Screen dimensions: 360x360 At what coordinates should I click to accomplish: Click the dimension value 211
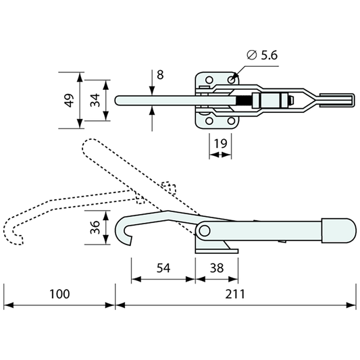[x=235, y=294]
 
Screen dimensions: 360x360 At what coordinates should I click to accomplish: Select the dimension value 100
[x=59, y=294]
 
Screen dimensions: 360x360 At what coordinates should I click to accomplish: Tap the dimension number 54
[x=163, y=268]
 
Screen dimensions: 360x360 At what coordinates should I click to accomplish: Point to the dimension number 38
[x=217, y=268]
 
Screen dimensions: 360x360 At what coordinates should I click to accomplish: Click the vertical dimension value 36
[x=95, y=228]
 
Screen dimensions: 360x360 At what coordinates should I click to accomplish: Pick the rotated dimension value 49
[x=69, y=101]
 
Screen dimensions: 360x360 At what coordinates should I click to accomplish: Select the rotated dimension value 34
[x=95, y=101]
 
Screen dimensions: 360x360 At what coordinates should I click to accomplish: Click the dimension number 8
[x=160, y=75]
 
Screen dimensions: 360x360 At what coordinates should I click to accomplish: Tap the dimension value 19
[x=220, y=143]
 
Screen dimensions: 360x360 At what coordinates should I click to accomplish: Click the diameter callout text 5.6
[x=269, y=55]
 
